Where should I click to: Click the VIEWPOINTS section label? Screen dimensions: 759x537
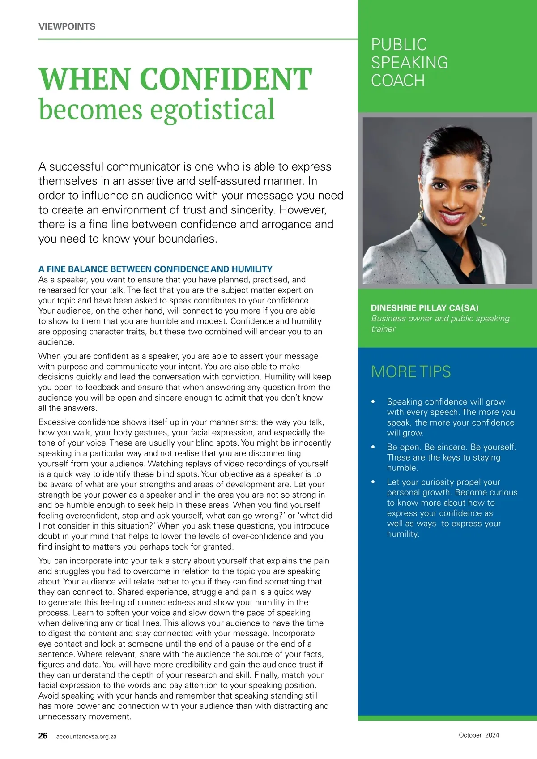[67, 26]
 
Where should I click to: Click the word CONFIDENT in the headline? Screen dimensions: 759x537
[226, 79]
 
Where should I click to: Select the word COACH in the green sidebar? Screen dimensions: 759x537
[398, 81]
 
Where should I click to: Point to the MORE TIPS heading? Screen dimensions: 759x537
[411, 371]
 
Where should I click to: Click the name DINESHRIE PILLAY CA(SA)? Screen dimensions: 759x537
[424, 308]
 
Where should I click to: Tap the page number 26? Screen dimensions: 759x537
[43, 736]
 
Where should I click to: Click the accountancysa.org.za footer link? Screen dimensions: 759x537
[86, 736]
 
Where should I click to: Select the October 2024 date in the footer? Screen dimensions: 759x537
[478, 735]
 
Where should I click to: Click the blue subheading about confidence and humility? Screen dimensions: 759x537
[155, 269]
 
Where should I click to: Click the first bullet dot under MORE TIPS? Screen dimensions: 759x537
[373, 402]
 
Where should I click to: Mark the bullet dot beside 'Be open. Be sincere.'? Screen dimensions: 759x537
[373, 447]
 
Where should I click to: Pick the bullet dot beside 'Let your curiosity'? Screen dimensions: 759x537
[373, 482]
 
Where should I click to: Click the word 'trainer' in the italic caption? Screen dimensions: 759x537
[383, 329]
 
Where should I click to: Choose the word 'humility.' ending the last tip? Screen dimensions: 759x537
[403, 534]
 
